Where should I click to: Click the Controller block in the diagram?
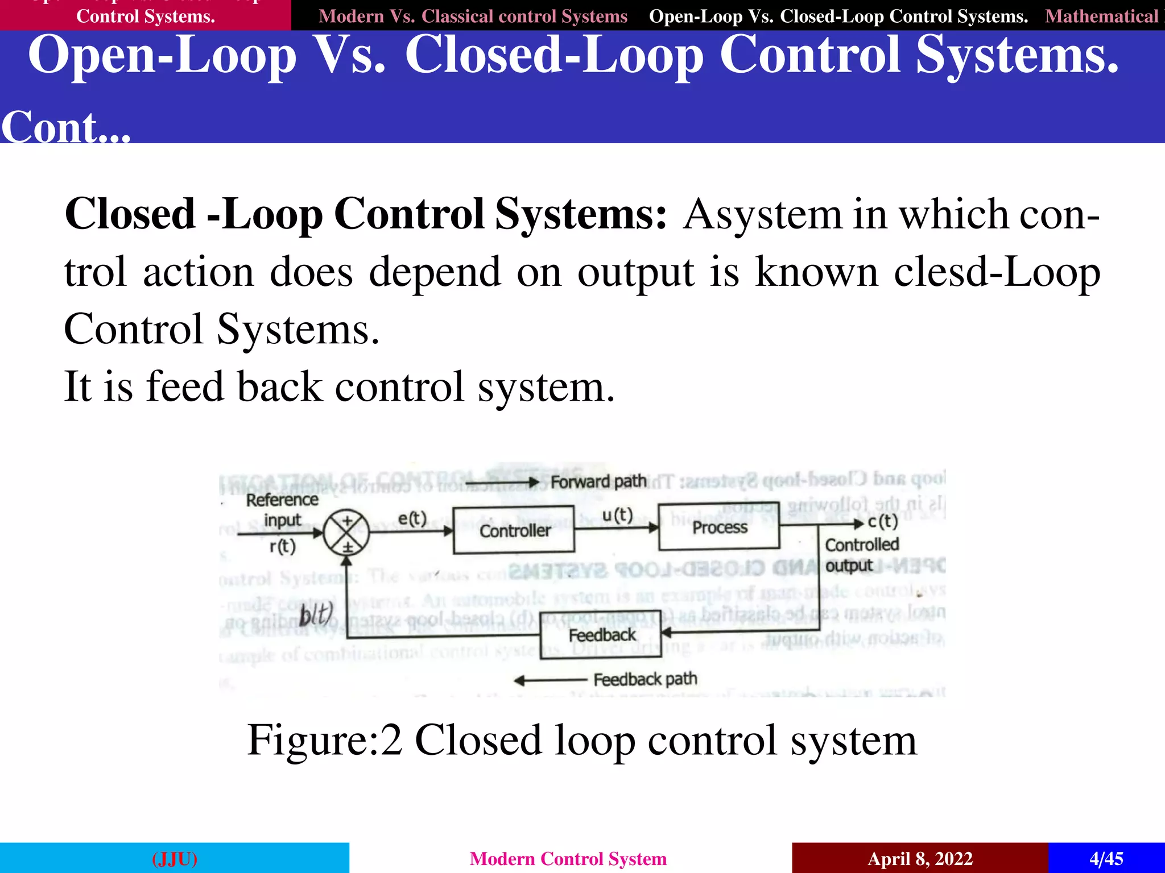pyautogui.click(x=514, y=530)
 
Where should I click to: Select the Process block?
pyautogui.click(x=719, y=527)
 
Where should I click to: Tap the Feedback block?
pyautogui.click(x=601, y=635)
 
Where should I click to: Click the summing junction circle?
pyautogui.click(x=346, y=533)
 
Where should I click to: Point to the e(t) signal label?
pyautogui.click(x=412, y=518)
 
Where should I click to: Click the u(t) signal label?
pyautogui.click(x=617, y=515)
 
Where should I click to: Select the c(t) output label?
pyautogui.click(x=882, y=521)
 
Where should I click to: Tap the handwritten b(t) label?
pyautogui.click(x=316, y=614)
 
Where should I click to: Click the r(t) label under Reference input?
pyautogui.click(x=283, y=546)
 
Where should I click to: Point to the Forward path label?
pyautogui.click(x=598, y=482)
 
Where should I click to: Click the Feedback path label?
pyautogui.click(x=645, y=679)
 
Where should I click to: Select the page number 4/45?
pyautogui.click(x=1106, y=858)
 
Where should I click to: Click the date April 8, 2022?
pyautogui.click(x=920, y=858)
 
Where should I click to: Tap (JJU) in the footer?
pyautogui.click(x=175, y=858)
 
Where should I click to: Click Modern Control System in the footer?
pyautogui.click(x=568, y=858)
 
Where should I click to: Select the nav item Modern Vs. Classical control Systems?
pyautogui.click(x=473, y=16)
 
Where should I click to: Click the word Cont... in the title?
pyautogui.click(x=66, y=127)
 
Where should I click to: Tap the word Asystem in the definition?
pyautogui.click(x=762, y=215)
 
